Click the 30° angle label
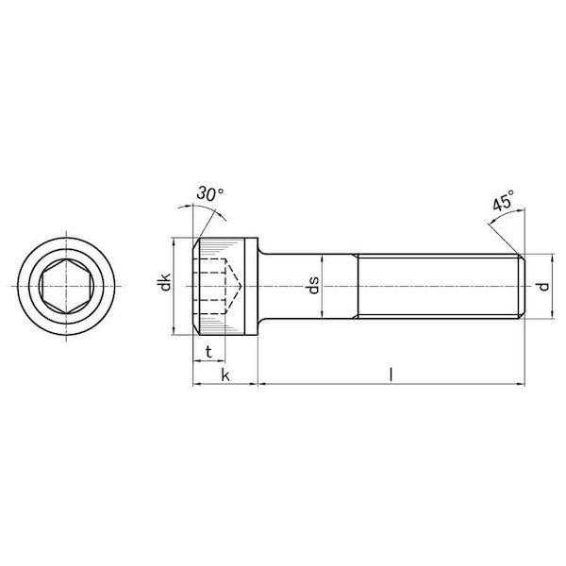[210, 193]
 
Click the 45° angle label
[503, 200]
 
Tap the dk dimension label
[165, 282]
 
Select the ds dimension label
[314, 285]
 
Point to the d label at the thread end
[543, 287]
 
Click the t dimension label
[208, 351]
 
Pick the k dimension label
[225, 375]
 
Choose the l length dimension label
[391, 375]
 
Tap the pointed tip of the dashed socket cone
[241, 286]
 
